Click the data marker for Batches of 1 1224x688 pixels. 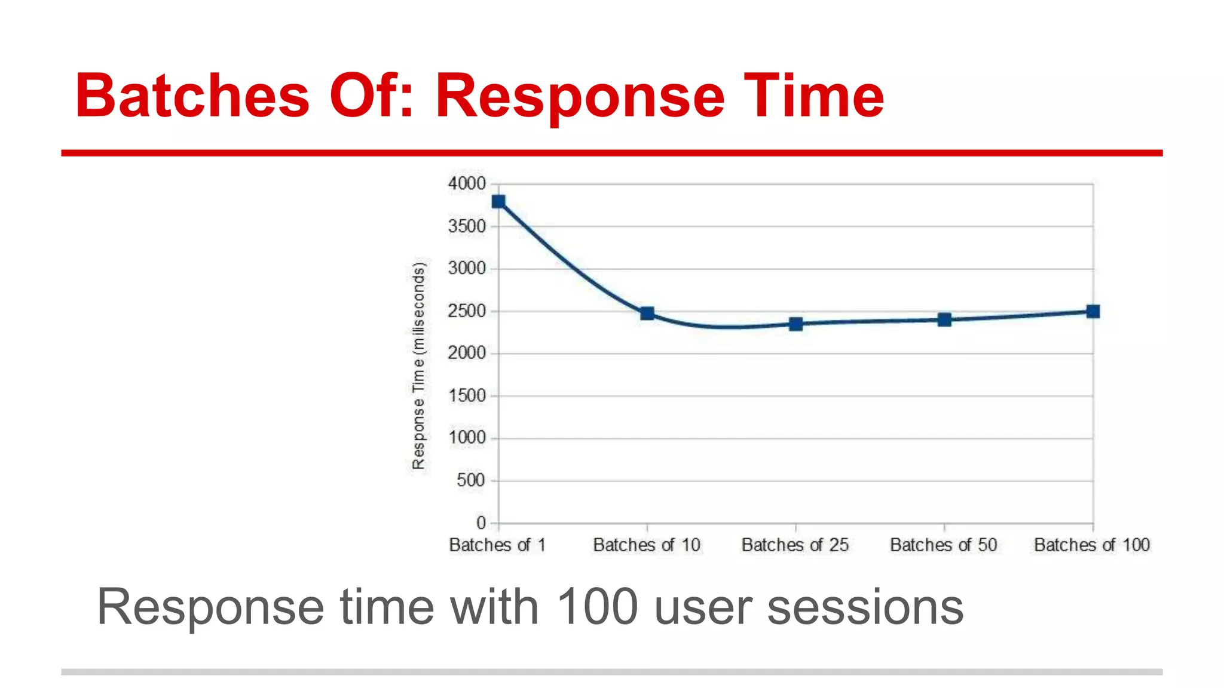pyautogui.click(x=498, y=202)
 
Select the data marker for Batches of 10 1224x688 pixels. pyautogui.click(x=647, y=314)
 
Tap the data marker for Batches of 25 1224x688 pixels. pyautogui.click(x=795, y=324)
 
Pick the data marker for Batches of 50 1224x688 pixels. pyautogui.click(x=944, y=320)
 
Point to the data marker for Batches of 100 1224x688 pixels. pyautogui.click(x=1093, y=311)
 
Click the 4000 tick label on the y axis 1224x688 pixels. pyautogui.click(x=467, y=184)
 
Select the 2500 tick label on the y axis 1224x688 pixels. pyautogui.click(x=467, y=311)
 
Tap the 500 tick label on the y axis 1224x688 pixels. pyautogui.click(x=471, y=480)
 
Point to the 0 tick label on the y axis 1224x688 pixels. pyautogui.click(x=481, y=523)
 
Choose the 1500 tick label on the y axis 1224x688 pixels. pyautogui.click(x=467, y=395)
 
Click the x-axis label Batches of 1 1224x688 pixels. pyautogui.click(x=497, y=545)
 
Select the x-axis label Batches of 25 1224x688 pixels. pyautogui.click(x=795, y=545)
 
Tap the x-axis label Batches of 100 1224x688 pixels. pyautogui.click(x=1092, y=545)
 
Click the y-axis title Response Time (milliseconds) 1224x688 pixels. pyautogui.click(x=419, y=365)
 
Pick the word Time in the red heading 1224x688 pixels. pyautogui.click(x=813, y=96)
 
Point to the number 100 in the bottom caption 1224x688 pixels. pyautogui.click(x=597, y=607)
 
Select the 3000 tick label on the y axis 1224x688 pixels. pyautogui.click(x=467, y=269)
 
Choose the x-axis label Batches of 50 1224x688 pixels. pyautogui.click(x=944, y=545)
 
